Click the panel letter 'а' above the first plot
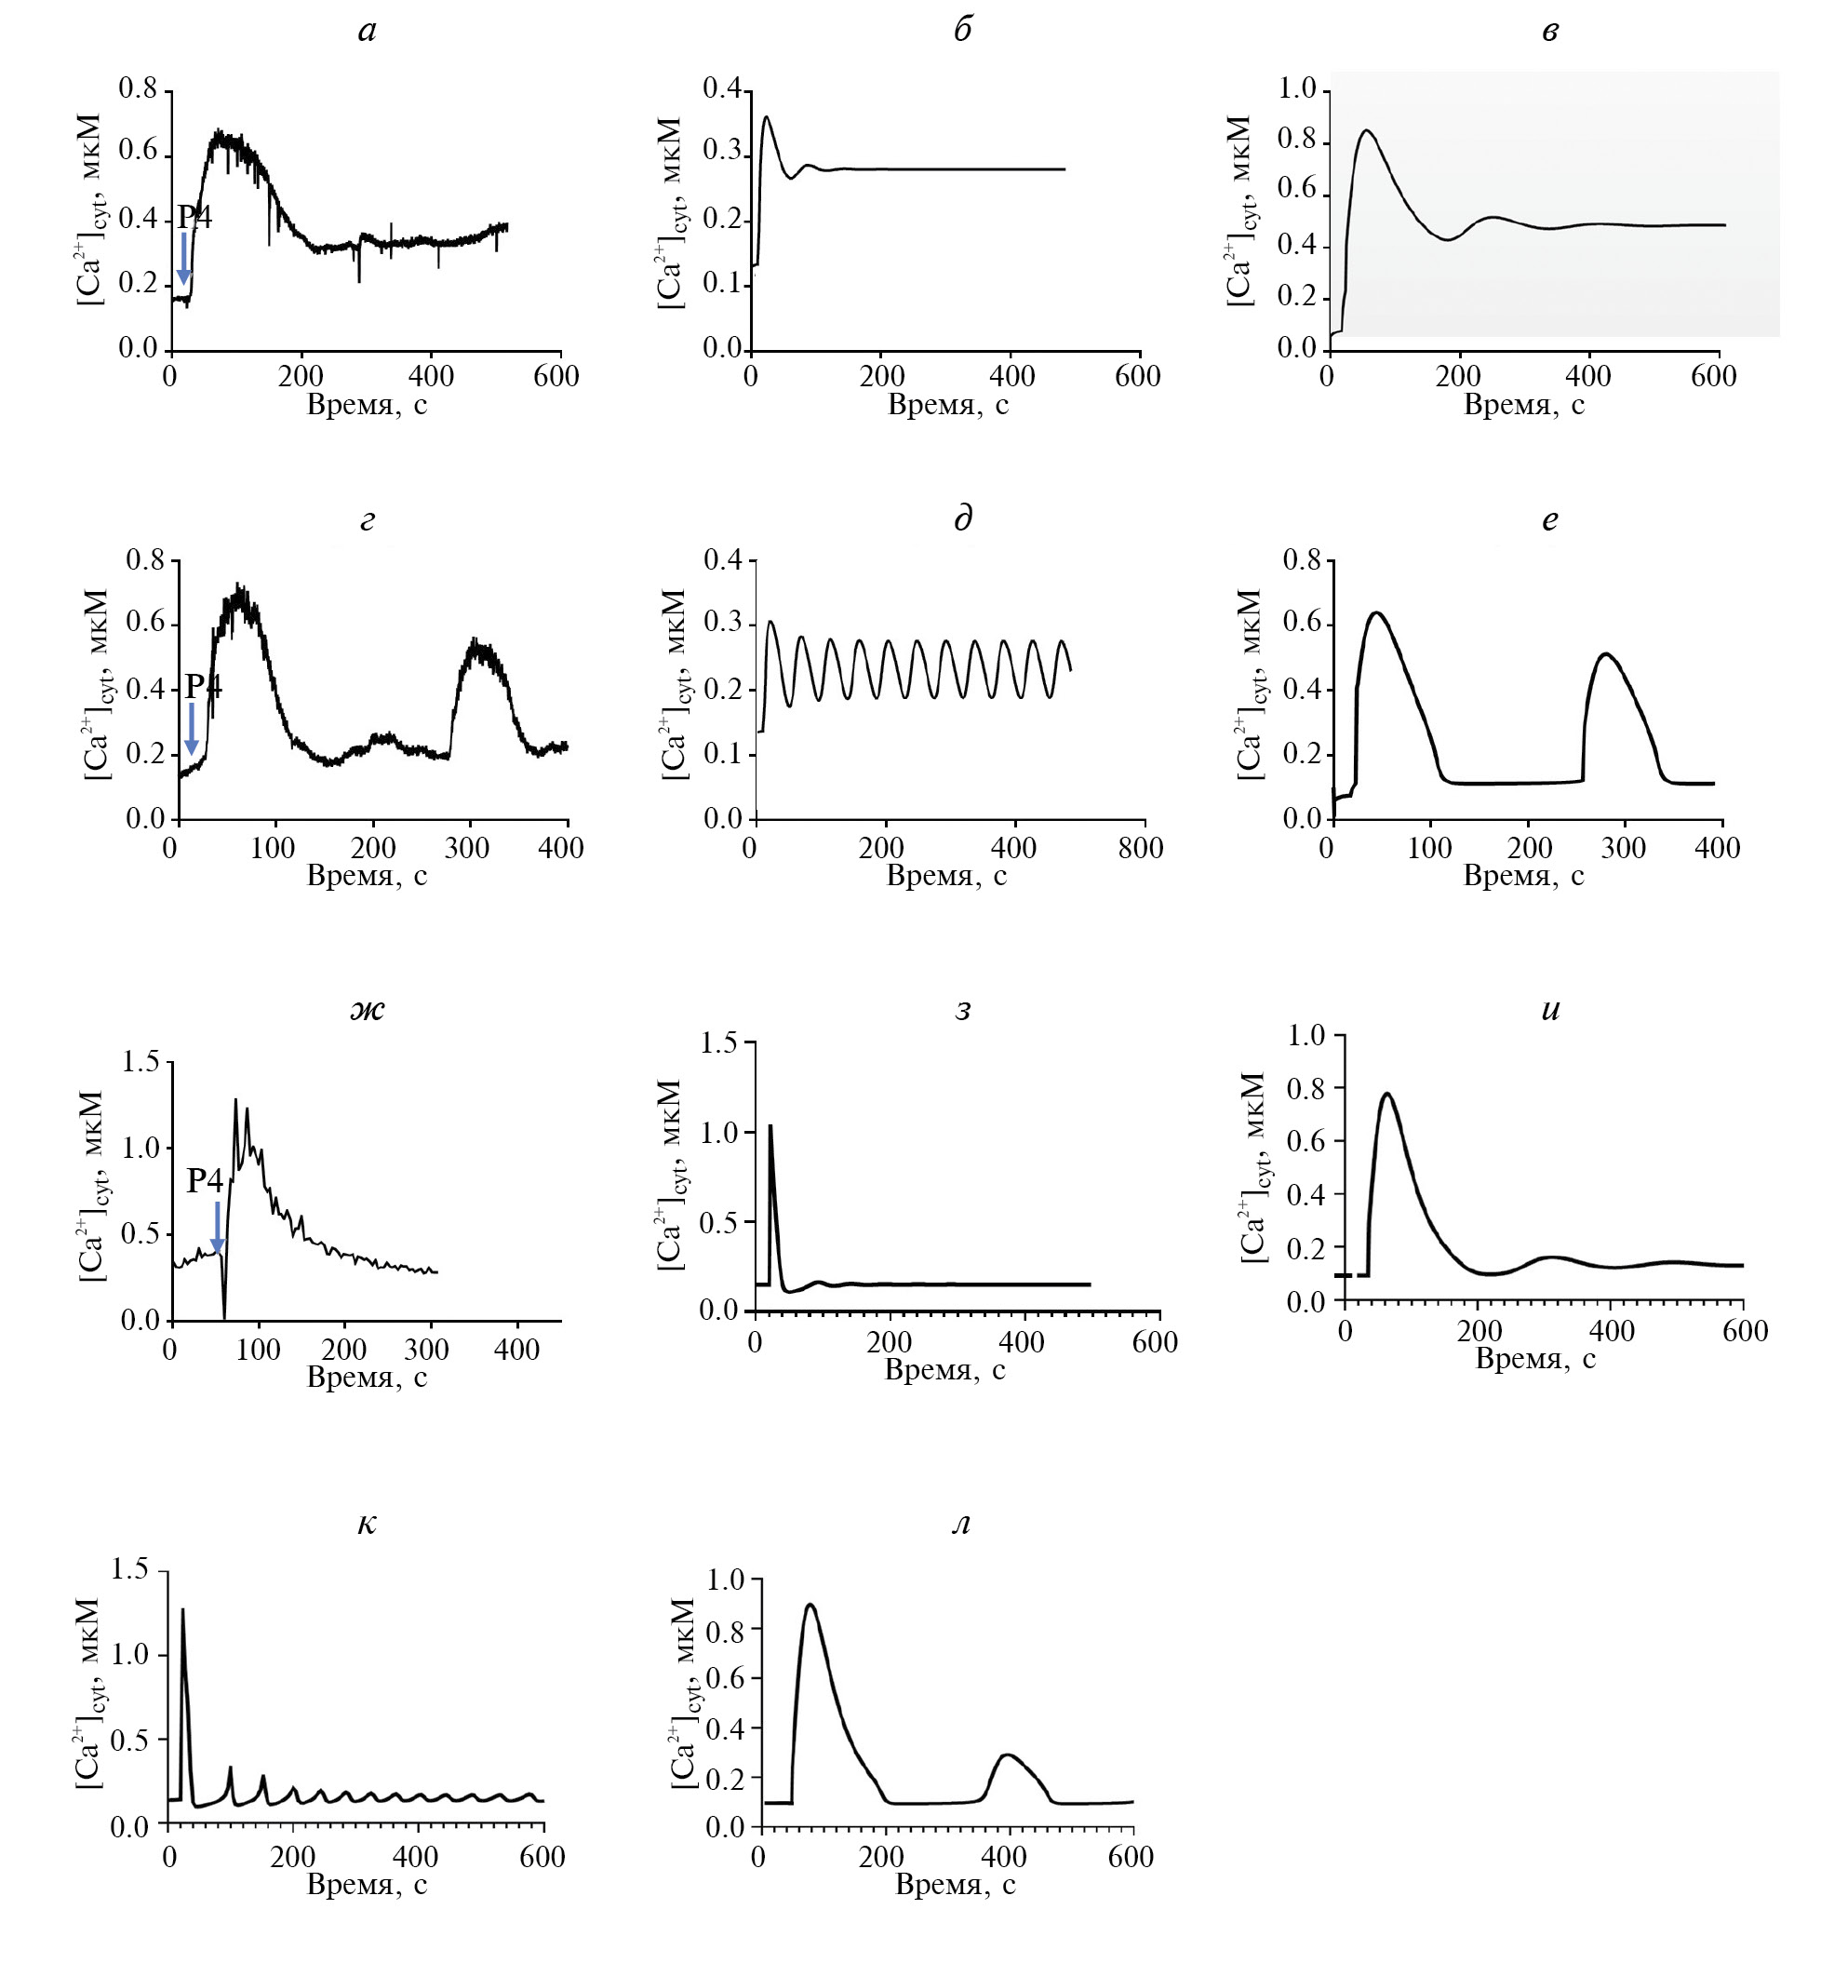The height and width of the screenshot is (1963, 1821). coord(367,32)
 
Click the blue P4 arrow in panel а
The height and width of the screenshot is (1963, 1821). coord(183,259)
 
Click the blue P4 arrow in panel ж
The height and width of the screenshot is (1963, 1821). coord(218,1228)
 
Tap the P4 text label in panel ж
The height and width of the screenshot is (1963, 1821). coord(205,1180)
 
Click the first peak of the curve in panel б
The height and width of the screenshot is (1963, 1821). coord(767,117)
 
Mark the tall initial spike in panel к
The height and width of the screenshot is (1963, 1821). coord(182,1611)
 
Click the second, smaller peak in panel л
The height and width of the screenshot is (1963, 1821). coord(1005,1755)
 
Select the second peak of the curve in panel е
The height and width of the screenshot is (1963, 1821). coord(1606,653)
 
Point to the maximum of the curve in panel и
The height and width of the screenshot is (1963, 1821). coord(1387,1094)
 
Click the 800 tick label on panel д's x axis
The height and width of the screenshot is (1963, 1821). coord(1140,848)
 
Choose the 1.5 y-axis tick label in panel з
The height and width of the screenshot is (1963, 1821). coord(718,1042)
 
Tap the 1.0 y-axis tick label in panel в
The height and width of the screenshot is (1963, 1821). coord(1297,88)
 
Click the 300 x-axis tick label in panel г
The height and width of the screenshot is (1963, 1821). coord(466,848)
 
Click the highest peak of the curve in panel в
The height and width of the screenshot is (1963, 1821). coord(1366,130)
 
